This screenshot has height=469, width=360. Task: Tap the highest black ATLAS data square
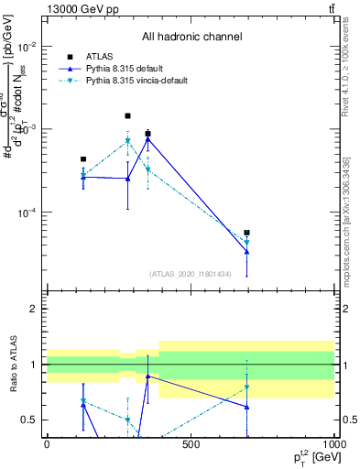tap(127, 116)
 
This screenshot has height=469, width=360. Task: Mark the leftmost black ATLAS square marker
tap(83, 159)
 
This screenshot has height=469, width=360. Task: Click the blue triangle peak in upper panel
tap(147, 138)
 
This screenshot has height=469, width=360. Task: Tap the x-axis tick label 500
tap(190, 444)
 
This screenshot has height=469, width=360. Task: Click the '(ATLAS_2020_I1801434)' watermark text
tap(190, 274)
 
